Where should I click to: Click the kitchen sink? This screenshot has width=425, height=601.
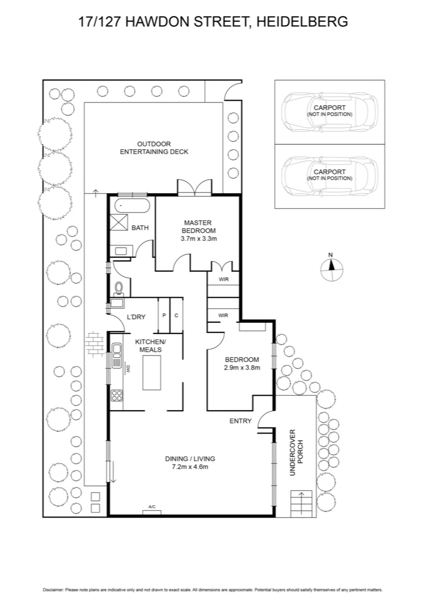pos(116,355)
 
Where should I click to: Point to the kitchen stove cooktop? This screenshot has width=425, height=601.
pos(117,396)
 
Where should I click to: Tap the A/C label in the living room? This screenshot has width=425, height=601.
pos(152,507)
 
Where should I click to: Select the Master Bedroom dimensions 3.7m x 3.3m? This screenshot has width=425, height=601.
pos(198,238)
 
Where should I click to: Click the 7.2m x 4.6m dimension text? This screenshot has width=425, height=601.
pos(190,466)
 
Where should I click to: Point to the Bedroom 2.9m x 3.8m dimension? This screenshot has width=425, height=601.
pos(241,367)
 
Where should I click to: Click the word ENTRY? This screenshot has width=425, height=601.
pos(240,421)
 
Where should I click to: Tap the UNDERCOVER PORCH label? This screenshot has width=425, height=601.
pos(296,452)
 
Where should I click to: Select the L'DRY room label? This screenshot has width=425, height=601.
pos(136,317)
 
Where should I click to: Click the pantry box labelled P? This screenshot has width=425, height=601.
pos(164,315)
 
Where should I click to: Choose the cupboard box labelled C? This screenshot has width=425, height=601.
pos(176,315)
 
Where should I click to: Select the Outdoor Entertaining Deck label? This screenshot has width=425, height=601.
pos(154,147)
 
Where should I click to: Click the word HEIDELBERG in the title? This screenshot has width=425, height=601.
pos(303,22)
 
